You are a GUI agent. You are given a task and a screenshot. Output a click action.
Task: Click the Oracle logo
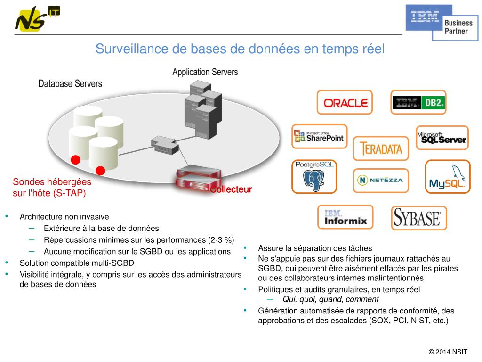click(x=345, y=102)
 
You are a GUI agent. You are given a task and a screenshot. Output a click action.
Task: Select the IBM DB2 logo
click(x=418, y=102)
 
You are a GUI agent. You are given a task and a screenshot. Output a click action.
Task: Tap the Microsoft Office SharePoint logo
click(x=320, y=137)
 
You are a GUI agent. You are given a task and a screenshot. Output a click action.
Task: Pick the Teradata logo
click(x=381, y=148)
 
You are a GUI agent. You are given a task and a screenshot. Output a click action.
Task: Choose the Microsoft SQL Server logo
click(x=442, y=138)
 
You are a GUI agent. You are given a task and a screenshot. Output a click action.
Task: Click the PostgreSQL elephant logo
click(x=314, y=177)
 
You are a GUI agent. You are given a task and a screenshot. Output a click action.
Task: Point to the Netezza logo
click(x=381, y=180)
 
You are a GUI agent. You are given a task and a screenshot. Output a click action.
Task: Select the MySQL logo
click(x=448, y=177)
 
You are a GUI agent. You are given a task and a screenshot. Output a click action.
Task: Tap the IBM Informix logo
click(x=345, y=217)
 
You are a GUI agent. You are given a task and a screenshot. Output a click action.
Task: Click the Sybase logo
click(x=418, y=218)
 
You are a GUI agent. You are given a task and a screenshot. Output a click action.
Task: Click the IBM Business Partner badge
click(x=442, y=22)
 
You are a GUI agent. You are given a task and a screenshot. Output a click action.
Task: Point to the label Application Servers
click(x=205, y=72)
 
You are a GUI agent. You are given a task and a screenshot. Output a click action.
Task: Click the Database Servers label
click(x=70, y=84)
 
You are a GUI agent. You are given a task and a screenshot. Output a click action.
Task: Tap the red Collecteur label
click(x=231, y=189)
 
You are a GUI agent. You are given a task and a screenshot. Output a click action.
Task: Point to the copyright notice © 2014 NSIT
click(x=448, y=352)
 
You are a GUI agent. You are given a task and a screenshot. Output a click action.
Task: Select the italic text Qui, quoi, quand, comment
click(x=330, y=299)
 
